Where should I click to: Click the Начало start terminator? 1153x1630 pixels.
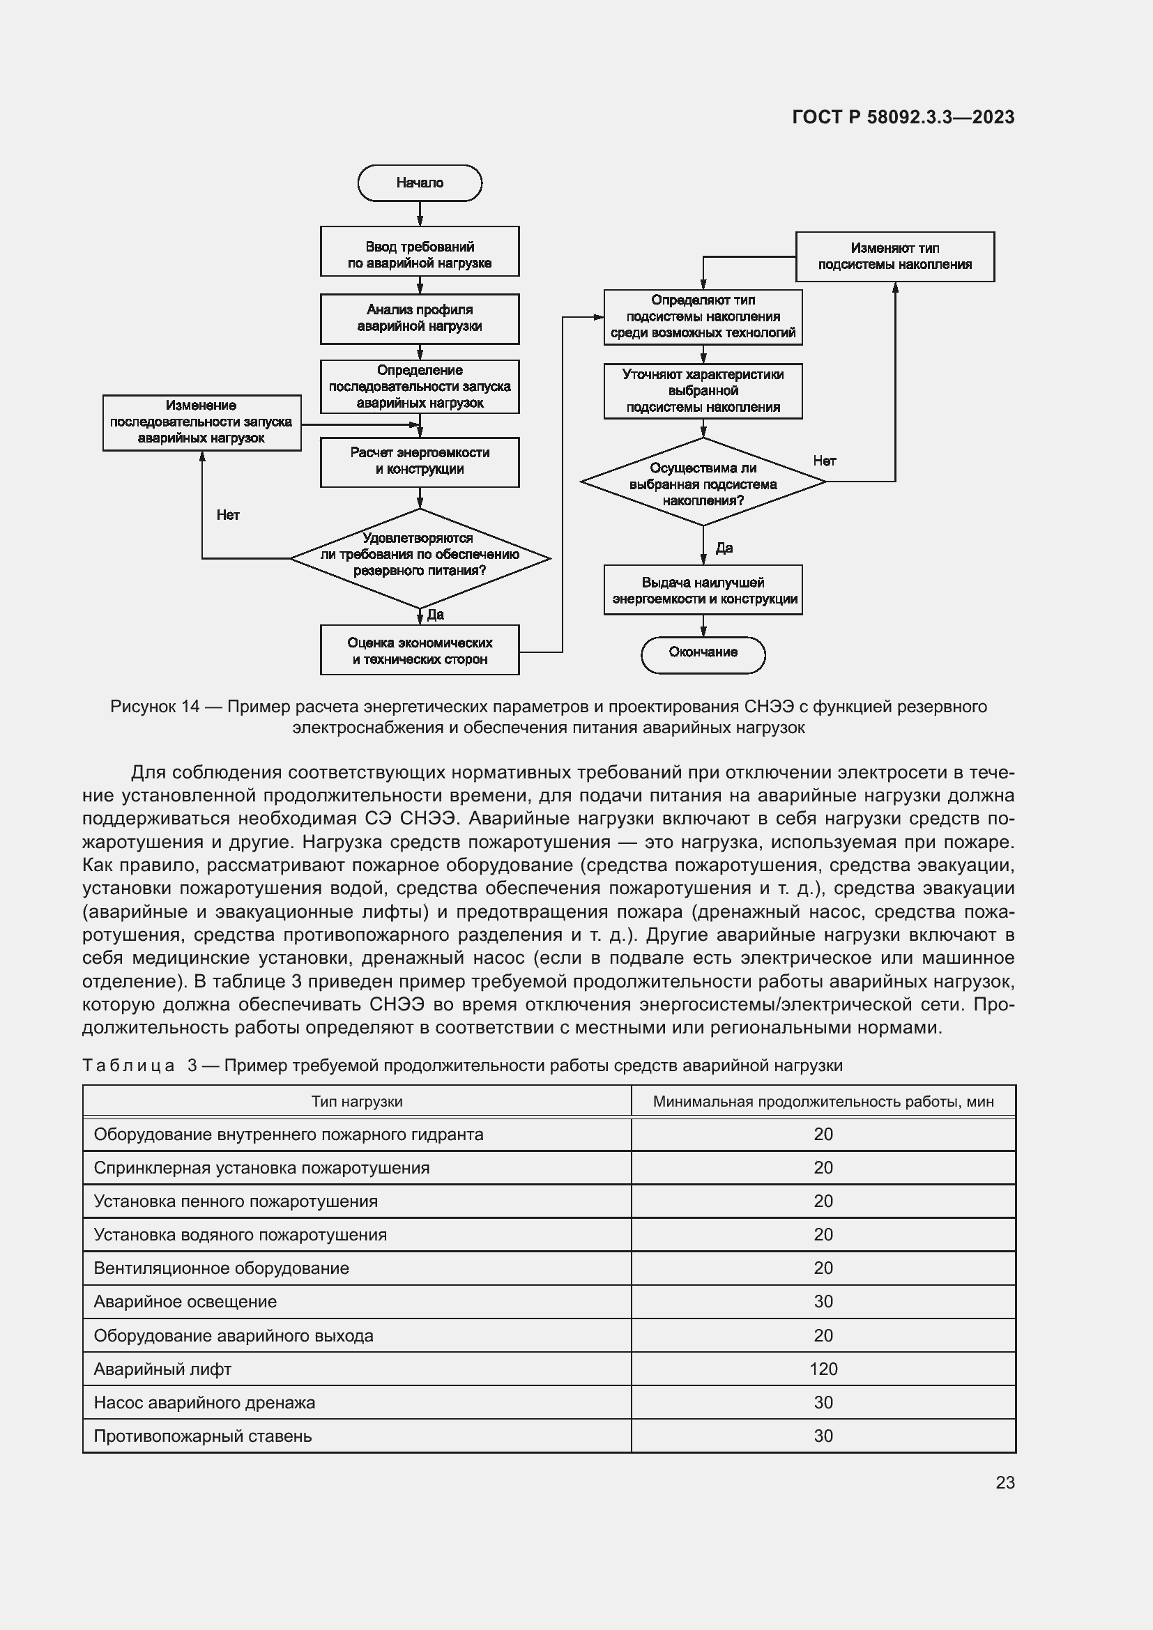click(420, 183)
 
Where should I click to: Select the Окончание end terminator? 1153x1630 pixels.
click(703, 653)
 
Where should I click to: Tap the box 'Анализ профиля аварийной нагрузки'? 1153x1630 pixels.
click(420, 318)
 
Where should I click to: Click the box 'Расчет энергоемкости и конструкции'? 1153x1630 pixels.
click(420, 461)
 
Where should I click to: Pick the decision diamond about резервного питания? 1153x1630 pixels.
click(420, 558)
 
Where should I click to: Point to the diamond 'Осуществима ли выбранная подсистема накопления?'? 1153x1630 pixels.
click(703, 483)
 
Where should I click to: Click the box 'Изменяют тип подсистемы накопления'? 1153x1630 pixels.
click(894, 257)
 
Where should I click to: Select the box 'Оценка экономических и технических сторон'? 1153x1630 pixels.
click(420, 650)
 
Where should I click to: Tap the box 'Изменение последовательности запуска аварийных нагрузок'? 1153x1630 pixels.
click(201, 422)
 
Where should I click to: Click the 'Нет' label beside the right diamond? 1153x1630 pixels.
click(824, 461)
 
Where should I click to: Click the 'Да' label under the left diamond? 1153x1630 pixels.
click(435, 614)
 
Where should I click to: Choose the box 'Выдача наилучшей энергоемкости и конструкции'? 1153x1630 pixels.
click(703, 590)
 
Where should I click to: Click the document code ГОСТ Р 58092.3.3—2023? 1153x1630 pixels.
click(903, 117)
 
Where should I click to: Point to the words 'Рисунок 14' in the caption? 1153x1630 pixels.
click(155, 707)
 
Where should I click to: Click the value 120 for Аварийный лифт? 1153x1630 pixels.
click(823, 1369)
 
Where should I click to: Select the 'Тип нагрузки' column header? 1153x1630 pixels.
click(356, 1101)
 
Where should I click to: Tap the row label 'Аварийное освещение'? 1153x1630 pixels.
click(185, 1301)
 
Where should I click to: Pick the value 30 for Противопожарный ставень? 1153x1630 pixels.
click(823, 1436)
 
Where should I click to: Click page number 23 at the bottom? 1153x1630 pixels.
click(1005, 1482)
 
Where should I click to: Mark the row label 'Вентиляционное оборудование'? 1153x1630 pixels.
click(222, 1268)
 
